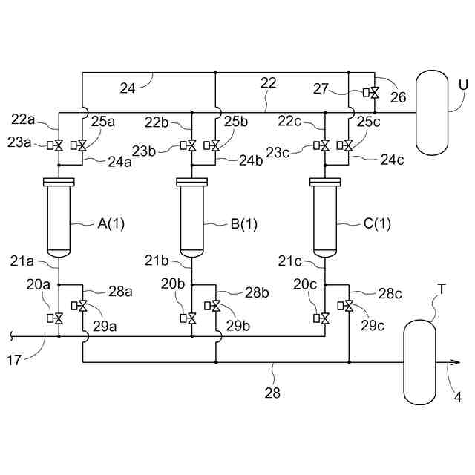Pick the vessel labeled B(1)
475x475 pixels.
coord(191,220)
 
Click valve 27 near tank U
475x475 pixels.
coord(375,93)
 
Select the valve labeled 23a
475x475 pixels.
coord(59,145)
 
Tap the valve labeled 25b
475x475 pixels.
coord(215,145)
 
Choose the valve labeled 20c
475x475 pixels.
coord(325,318)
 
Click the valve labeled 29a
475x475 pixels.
coord(82,306)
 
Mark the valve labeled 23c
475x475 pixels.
coord(325,145)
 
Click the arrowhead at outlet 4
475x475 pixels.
coord(453,363)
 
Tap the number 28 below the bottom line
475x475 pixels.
coord(273,393)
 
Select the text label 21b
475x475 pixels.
coord(157,261)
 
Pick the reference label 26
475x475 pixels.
coord(398,96)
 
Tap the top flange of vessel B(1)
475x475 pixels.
coord(191,182)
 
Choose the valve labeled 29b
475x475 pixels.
coord(216,306)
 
